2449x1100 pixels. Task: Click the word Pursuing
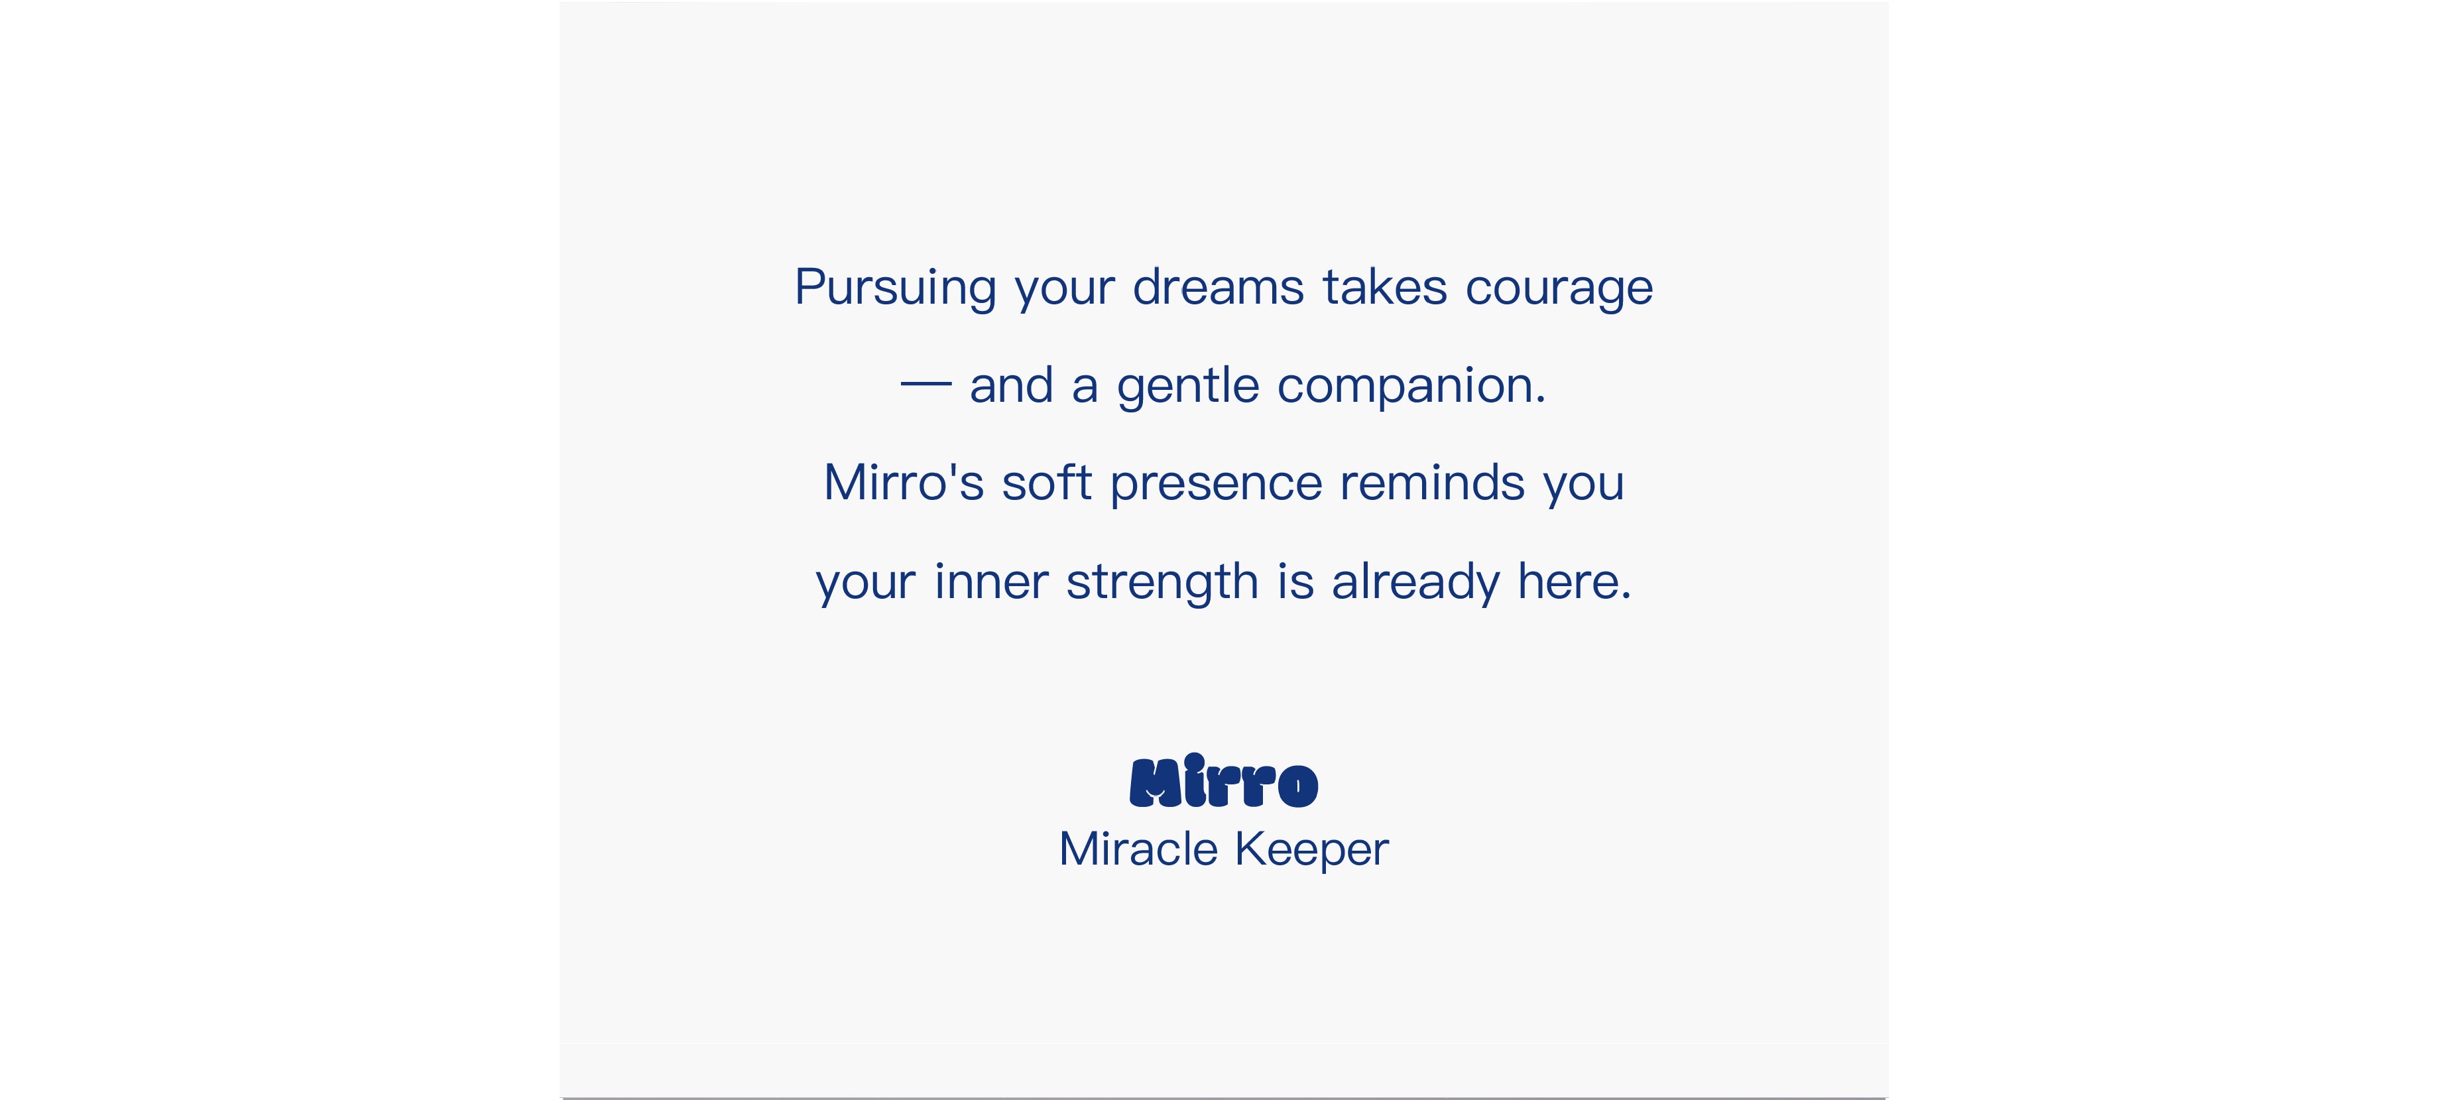(x=894, y=288)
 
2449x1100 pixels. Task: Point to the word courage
(x=1559, y=290)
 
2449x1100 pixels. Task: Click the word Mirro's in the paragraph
(x=903, y=482)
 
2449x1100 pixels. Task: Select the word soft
(x=1047, y=481)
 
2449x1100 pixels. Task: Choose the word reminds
(x=1433, y=481)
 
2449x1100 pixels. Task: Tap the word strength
(x=1162, y=583)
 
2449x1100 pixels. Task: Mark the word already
(x=1415, y=583)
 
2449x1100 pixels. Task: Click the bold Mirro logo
(x=1224, y=780)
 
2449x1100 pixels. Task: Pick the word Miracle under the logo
(x=1138, y=848)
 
